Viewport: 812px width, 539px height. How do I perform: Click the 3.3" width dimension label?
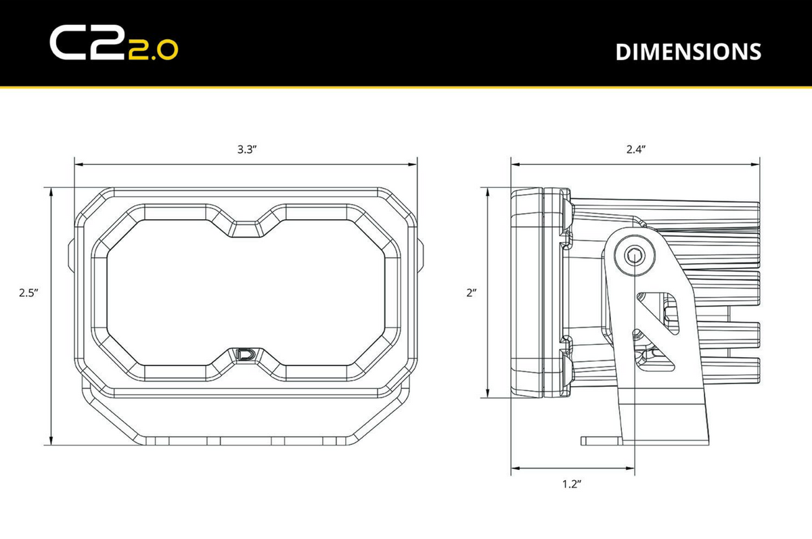click(x=246, y=150)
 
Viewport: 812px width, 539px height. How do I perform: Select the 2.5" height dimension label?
click(x=28, y=293)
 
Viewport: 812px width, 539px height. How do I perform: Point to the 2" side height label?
click(x=471, y=293)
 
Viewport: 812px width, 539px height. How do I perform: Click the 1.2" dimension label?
click(x=572, y=484)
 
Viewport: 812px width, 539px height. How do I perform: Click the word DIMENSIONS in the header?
click(x=687, y=51)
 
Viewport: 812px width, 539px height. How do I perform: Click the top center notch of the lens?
click(x=246, y=228)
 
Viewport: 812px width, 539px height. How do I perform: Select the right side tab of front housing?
click(x=421, y=255)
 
